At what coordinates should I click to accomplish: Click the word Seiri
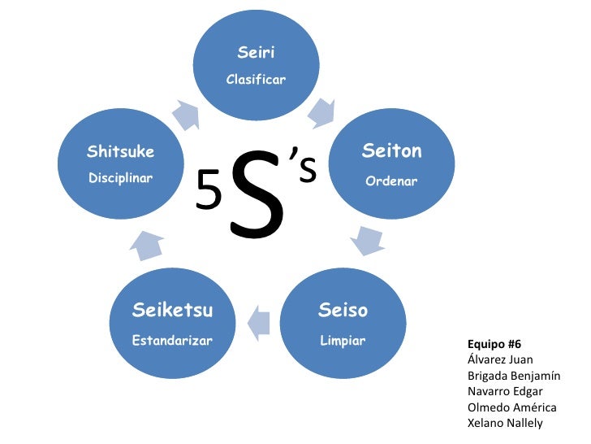pyautogui.click(x=256, y=53)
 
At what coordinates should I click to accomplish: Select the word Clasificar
pyautogui.click(x=256, y=81)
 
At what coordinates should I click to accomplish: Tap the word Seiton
pyautogui.click(x=391, y=152)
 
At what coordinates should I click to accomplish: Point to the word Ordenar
pyautogui.click(x=391, y=181)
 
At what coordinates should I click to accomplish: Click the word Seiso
pyautogui.click(x=343, y=311)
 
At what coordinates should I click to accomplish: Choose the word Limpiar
pyautogui.click(x=343, y=340)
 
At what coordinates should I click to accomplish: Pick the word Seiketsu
pyautogui.click(x=172, y=310)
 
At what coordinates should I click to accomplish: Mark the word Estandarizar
pyautogui.click(x=172, y=340)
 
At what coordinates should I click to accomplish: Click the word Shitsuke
pyautogui.click(x=120, y=151)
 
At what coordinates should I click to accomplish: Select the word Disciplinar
pyautogui.click(x=120, y=178)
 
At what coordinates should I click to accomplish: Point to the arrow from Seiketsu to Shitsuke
pyautogui.click(x=148, y=244)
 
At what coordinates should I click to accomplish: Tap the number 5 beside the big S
pyautogui.click(x=209, y=193)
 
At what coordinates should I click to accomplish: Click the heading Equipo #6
pyautogui.click(x=494, y=343)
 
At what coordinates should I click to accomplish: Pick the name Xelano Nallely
pyautogui.click(x=505, y=423)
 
